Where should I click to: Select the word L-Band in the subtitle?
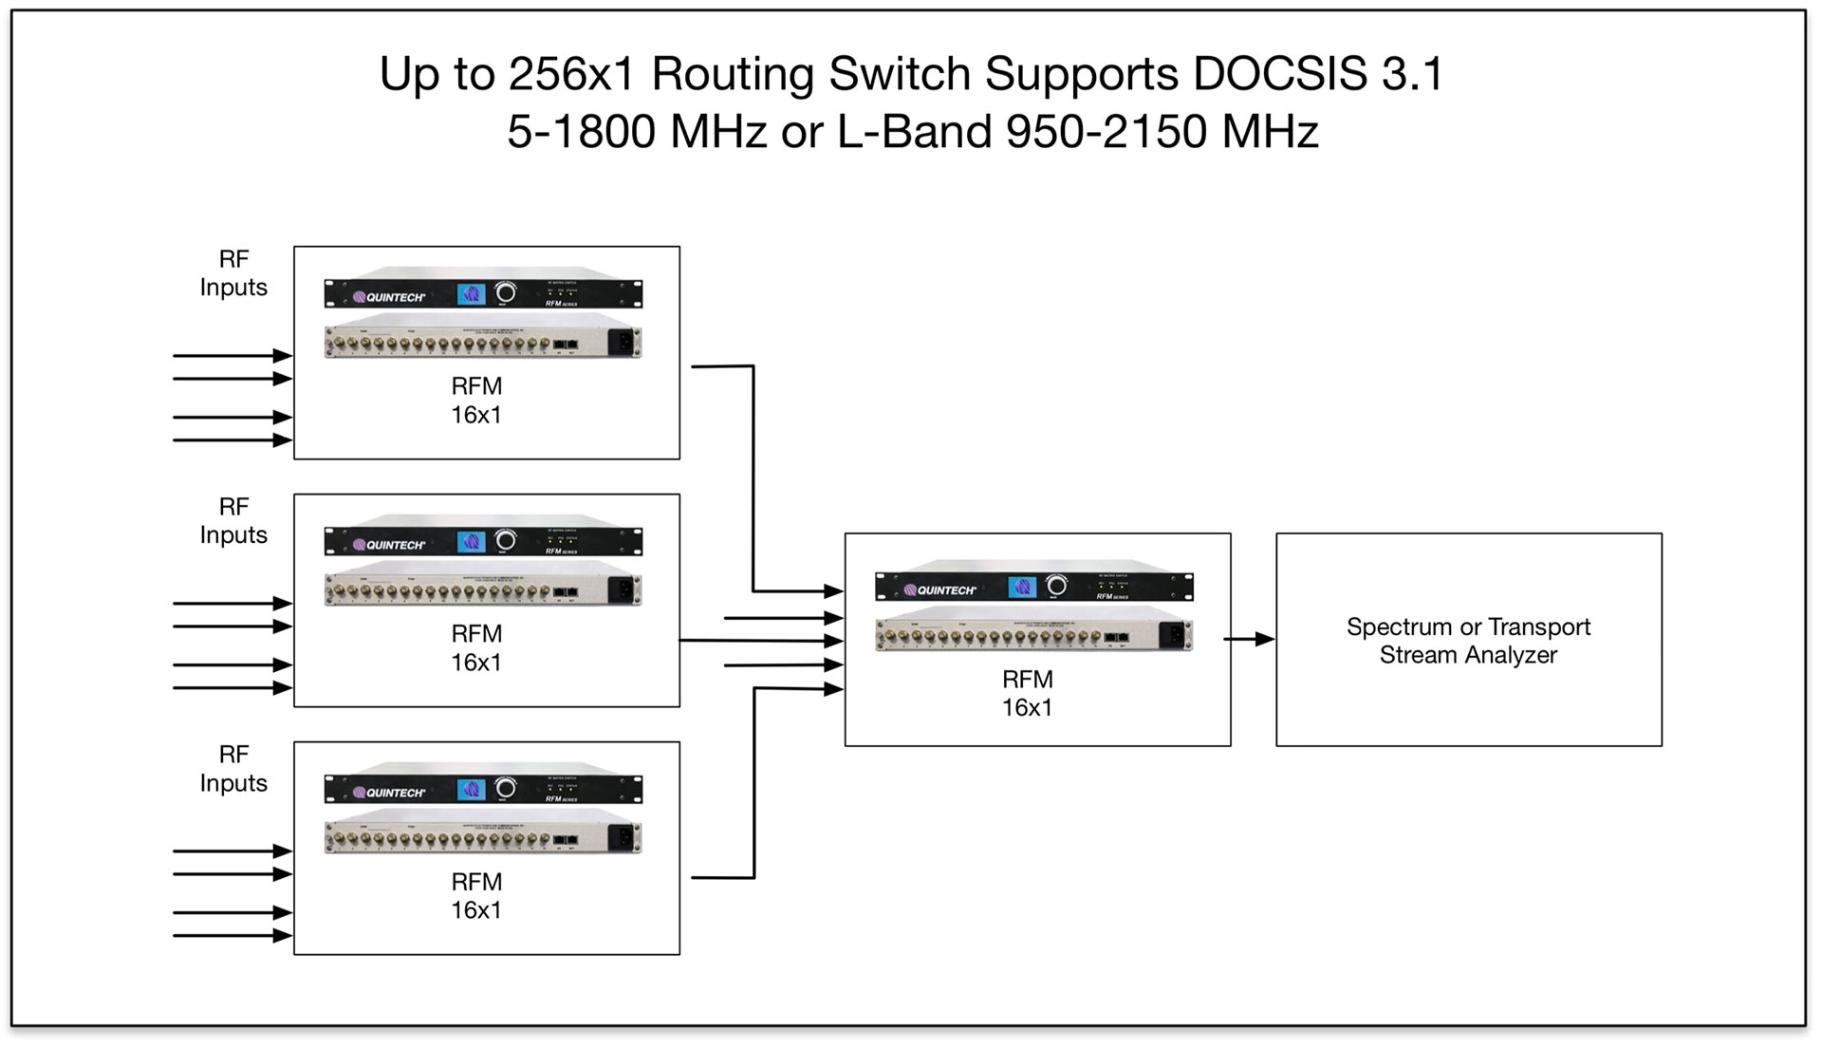pyautogui.click(x=915, y=131)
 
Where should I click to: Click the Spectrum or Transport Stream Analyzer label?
pyautogui.click(x=1468, y=641)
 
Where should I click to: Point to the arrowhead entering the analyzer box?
pyautogui.click(x=1265, y=640)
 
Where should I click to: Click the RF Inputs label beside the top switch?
pyautogui.click(x=233, y=273)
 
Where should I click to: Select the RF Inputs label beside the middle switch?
pyautogui.click(x=233, y=521)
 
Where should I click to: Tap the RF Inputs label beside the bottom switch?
pyautogui.click(x=233, y=769)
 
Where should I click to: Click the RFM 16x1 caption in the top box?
pyautogui.click(x=476, y=401)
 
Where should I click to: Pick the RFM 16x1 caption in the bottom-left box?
pyautogui.click(x=476, y=896)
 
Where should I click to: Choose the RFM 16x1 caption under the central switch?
pyautogui.click(x=1028, y=693)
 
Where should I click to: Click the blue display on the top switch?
pyautogui.click(x=472, y=294)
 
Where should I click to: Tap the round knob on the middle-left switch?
pyautogui.click(x=506, y=540)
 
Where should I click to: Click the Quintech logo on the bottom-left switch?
pyautogui.click(x=389, y=793)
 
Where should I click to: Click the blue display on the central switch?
pyautogui.click(x=1022, y=587)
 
